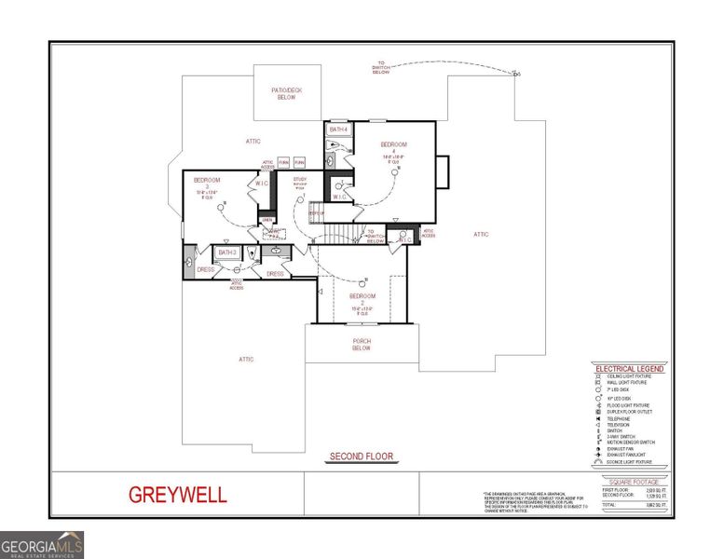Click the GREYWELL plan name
(x=177, y=495)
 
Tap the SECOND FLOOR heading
(x=361, y=457)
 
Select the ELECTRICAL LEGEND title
(x=629, y=369)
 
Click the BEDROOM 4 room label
(x=394, y=148)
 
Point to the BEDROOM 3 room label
(x=207, y=184)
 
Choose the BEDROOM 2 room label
(x=362, y=300)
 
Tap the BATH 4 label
(x=338, y=130)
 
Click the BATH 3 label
(x=227, y=252)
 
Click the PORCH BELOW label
(x=362, y=345)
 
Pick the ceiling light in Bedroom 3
(x=223, y=210)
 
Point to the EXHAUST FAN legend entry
(x=621, y=448)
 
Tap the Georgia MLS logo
(x=42, y=544)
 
